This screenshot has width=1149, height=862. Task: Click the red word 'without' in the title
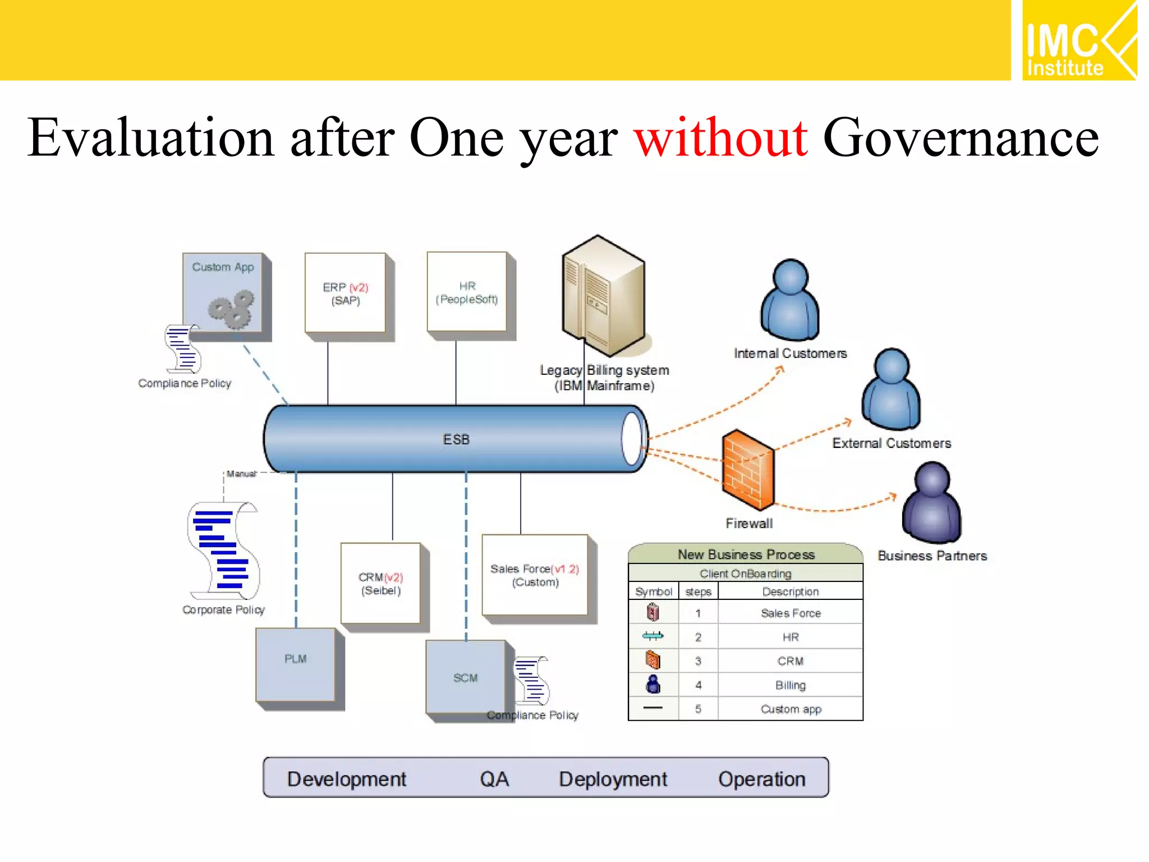tap(720, 138)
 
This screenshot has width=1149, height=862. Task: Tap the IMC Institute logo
tap(1078, 40)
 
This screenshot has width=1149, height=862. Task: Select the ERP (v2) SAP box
tap(345, 293)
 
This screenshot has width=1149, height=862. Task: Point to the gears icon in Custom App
tap(231, 309)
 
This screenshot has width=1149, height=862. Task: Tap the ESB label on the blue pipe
tap(456, 439)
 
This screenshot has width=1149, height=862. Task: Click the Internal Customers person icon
tap(790, 300)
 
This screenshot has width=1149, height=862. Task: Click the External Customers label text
tap(891, 443)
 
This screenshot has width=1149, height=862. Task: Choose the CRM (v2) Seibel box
tap(380, 584)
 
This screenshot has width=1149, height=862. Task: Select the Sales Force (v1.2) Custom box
tap(535, 575)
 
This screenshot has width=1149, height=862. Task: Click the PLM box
tap(296, 665)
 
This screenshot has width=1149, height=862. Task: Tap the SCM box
tap(466, 679)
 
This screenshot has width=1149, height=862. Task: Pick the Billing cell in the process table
tap(790, 685)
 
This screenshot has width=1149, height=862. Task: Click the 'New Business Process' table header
tap(746, 554)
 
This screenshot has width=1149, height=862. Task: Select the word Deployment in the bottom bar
tap(613, 779)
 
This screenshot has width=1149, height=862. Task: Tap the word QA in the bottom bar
tap(494, 779)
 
